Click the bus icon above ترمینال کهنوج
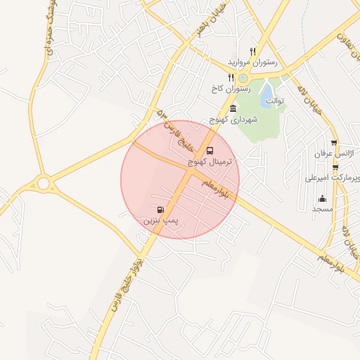pos(209,150)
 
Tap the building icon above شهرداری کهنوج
pos(233,108)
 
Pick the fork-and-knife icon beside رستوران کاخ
pos(230,77)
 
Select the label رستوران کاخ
pos(225,89)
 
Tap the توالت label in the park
pos(274,100)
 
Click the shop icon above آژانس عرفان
pos(334,143)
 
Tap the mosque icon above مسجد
pos(323,198)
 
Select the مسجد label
pos(323,210)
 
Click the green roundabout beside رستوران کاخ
pos(243,78)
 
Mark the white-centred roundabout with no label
pos(44,184)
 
